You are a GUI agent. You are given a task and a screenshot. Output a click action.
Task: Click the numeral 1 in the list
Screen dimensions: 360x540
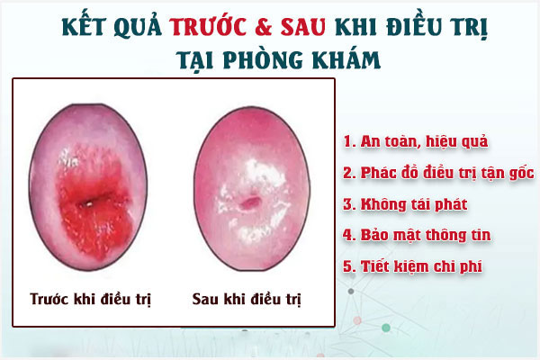(x=347, y=140)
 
